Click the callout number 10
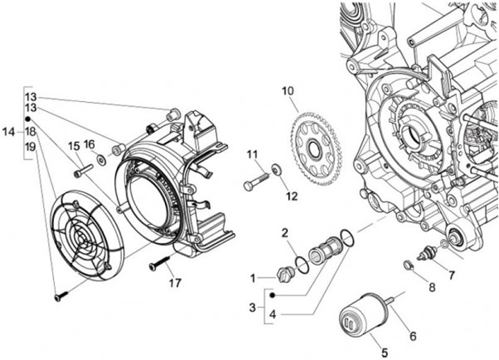tap(288, 91)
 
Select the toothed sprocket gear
tap(316, 148)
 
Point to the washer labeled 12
tap(276, 169)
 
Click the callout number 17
tap(175, 282)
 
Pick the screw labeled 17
tap(160, 264)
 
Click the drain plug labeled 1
tap(285, 274)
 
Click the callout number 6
tap(413, 336)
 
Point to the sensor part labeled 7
tap(427, 254)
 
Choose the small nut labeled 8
tap(408, 265)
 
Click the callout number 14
tap(8, 131)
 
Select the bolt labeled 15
tap(83, 170)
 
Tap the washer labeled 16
tap(102, 160)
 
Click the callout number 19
tap(30, 147)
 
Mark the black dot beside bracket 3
tap(272, 295)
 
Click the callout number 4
tap(272, 314)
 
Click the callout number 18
tap(30, 131)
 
